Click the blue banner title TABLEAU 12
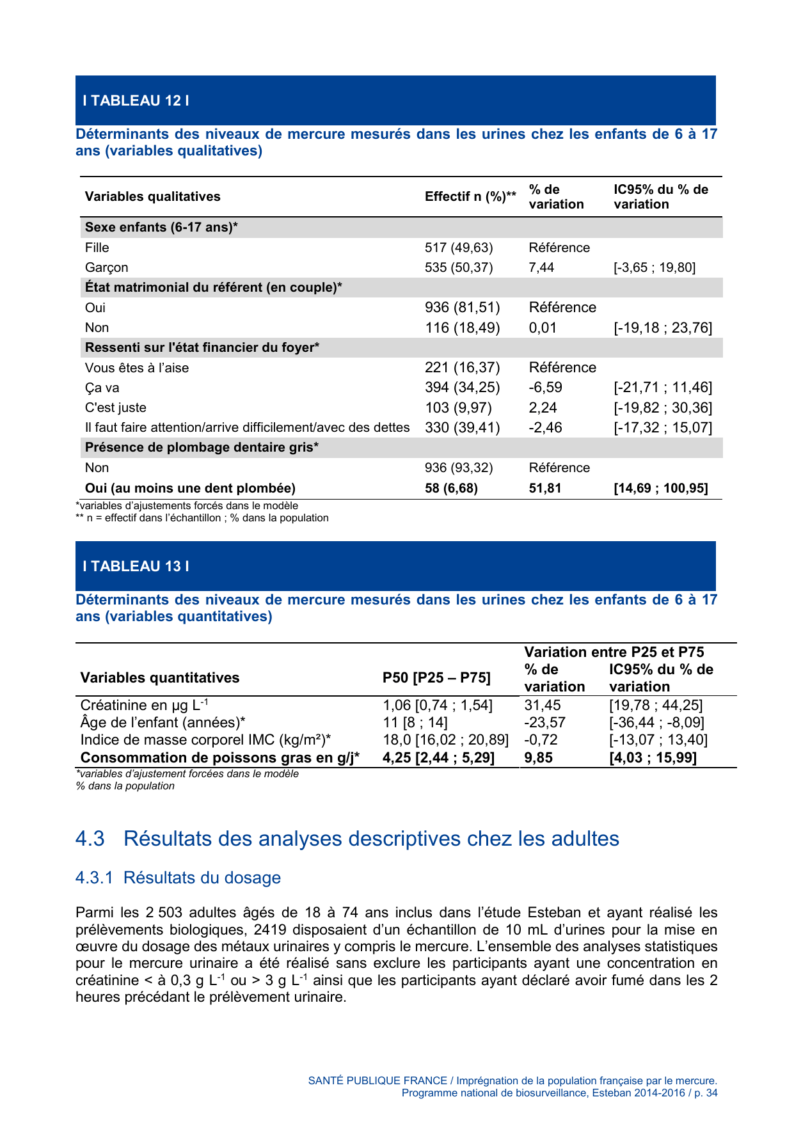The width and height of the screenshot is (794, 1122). [x=136, y=100]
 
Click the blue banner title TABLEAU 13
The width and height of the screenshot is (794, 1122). [x=136, y=566]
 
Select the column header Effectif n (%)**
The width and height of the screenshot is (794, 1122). [x=470, y=196]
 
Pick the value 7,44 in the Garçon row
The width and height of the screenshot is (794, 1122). [x=541, y=267]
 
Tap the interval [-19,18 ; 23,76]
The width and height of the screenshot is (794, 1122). [x=663, y=328]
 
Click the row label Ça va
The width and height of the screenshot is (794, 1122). [x=102, y=388]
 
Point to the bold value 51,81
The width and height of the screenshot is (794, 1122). [x=544, y=488]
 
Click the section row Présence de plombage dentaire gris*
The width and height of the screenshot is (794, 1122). [x=202, y=447]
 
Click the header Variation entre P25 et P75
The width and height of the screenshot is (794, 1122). [x=614, y=652]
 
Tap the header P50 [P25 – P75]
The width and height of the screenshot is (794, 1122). [x=436, y=677]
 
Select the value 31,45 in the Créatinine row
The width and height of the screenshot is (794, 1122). [x=543, y=705]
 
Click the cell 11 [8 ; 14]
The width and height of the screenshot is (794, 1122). [x=415, y=722]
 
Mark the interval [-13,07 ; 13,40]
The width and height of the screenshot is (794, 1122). [x=658, y=739]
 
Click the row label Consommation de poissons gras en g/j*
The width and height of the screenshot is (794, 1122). [x=219, y=757]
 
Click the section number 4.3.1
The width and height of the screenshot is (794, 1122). [x=94, y=878]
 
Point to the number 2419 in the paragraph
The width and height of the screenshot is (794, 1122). [x=270, y=929]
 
